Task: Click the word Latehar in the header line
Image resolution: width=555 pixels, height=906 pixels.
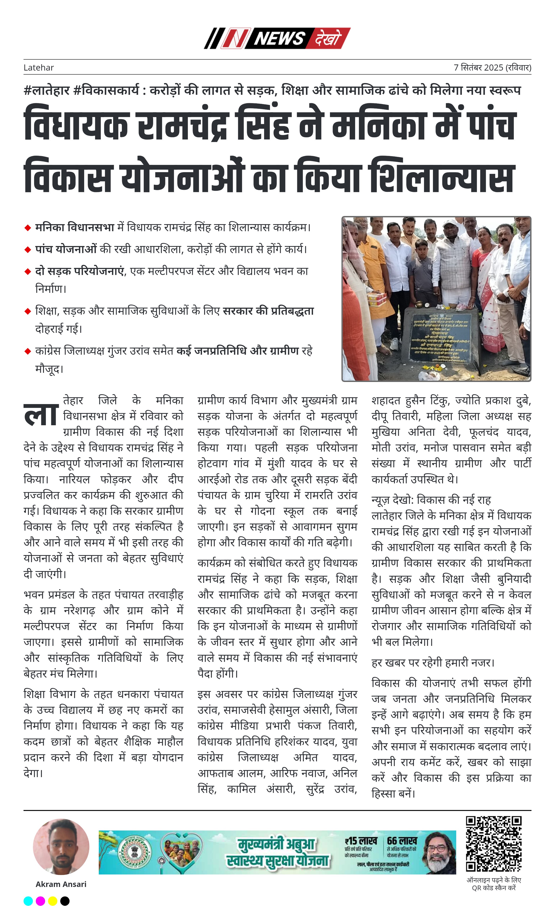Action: click(39, 68)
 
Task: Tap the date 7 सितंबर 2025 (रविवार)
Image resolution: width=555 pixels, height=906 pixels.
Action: click(492, 68)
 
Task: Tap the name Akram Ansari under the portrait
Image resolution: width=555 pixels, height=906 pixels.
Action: click(61, 884)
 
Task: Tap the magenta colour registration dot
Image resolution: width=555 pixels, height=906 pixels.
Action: click(40, 901)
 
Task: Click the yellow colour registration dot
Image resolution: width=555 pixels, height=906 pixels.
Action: click(52, 901)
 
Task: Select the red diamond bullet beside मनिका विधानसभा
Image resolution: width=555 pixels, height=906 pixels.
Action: click(28, 228)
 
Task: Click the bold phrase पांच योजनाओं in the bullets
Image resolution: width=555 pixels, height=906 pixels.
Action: click(66, 249)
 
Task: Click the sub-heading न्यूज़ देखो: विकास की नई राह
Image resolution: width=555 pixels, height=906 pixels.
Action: click(431, 500)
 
